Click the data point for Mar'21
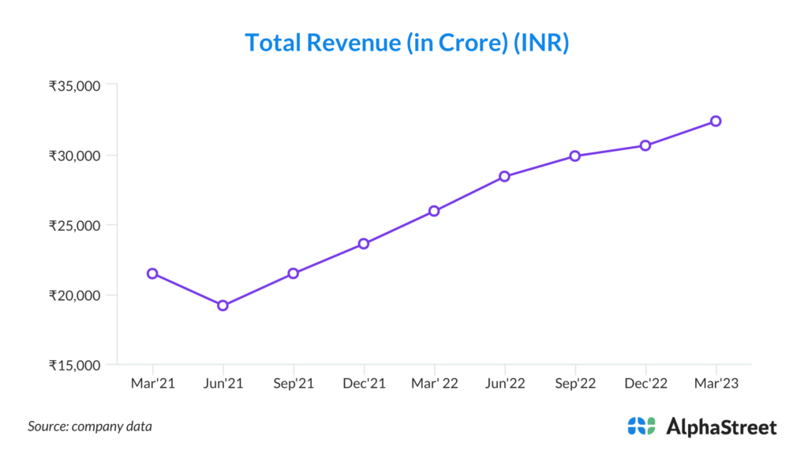(x=152, y=273)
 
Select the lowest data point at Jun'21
(x=223, y=306)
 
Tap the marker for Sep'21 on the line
(x=293, y=273)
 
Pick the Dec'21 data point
(x=364, y=243)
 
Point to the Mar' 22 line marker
(x=434, y=211)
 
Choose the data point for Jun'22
(x=504, y=176)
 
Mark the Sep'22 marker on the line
(x=575, y=156)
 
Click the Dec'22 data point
(x=645, y=145)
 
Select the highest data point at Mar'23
(x=716, y=121)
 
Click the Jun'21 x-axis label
(x=223, y=383)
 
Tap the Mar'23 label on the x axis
(x=716, y=383)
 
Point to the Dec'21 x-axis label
(x=364, y=383)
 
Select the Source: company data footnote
(x=90, y=426)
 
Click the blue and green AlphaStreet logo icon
(x=642, y=426)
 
